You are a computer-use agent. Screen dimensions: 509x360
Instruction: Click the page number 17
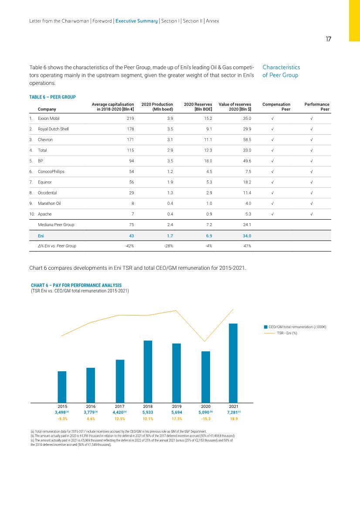click(x=328, y=39)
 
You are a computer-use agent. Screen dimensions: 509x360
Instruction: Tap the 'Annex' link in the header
click(x=212, y=21)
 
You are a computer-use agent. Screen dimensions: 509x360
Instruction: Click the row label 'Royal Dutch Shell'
click(x=53, y=129)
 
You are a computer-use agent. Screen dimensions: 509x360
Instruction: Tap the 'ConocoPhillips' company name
click(x=51, y=172)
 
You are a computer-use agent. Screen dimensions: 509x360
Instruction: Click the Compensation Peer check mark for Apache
click(x=273, y=214)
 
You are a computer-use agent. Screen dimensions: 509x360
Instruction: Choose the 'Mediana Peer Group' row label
click(x=56, y=225)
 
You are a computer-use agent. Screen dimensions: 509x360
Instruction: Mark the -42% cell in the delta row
click(x=129, y=246)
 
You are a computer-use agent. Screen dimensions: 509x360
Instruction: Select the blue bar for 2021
click(x=233, y=363)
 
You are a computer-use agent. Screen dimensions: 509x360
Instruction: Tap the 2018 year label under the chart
click(x=148, y=406)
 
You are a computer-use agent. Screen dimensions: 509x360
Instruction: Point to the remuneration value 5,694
click(x=177, y=412)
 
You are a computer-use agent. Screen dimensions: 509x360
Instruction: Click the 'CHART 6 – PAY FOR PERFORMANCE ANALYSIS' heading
click(x=73, y=285)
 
